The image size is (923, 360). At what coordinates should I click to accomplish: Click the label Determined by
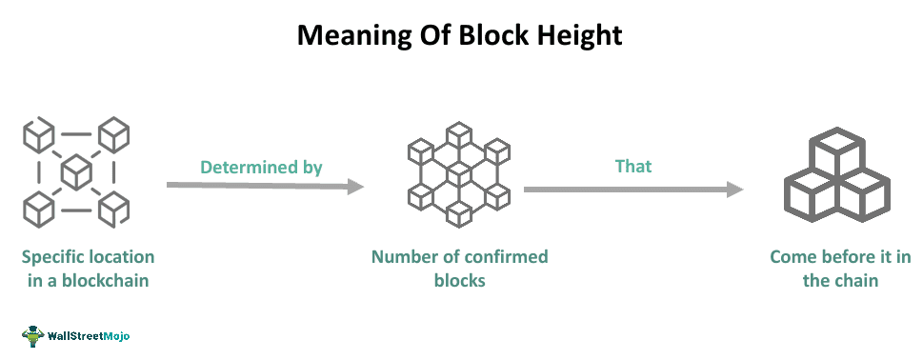pos(261,167)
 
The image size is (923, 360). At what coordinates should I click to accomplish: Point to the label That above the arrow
pos(633,166)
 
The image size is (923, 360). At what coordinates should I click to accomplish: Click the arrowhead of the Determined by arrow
pos(355,187)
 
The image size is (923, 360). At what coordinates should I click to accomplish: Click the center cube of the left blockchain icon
pos(75,172)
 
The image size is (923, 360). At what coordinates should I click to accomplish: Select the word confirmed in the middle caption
pos(503,257)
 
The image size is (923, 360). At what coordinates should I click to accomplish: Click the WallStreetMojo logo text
pos(90,336)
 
